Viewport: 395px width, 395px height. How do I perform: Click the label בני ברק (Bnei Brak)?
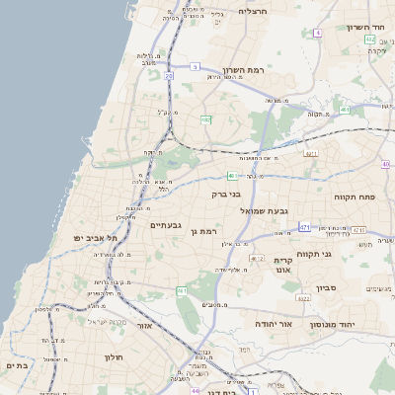[226, 195]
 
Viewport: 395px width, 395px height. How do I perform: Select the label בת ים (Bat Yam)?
[19, 365]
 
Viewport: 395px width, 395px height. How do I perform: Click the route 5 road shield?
[196, 66]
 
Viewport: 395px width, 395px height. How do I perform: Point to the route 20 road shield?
[169, 74]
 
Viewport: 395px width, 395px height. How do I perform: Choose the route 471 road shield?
[305, 227]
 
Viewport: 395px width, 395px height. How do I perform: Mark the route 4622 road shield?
[303, 297]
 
